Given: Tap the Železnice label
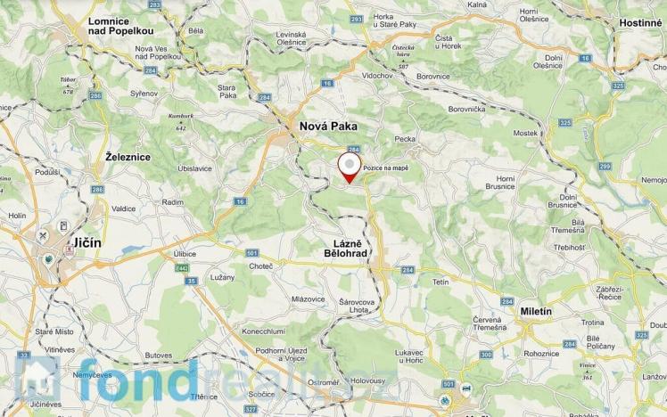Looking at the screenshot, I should pos(128,157).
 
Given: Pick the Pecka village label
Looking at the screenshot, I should pos(405,140).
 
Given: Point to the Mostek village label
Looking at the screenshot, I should pos(526,133).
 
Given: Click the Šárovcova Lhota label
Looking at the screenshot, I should pos(365,306).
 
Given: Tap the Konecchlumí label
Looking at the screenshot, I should pos(263,331).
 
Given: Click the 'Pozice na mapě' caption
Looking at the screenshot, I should pos(386,168).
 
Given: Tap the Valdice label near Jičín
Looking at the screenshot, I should pos(124,208).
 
